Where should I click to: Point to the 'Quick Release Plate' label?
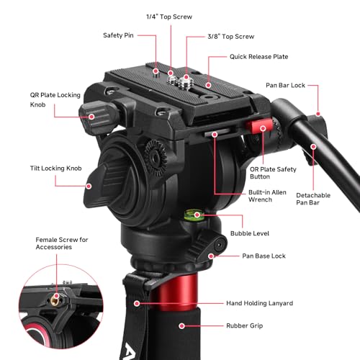pos(260,56)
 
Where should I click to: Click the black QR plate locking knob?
pos(94,113)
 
